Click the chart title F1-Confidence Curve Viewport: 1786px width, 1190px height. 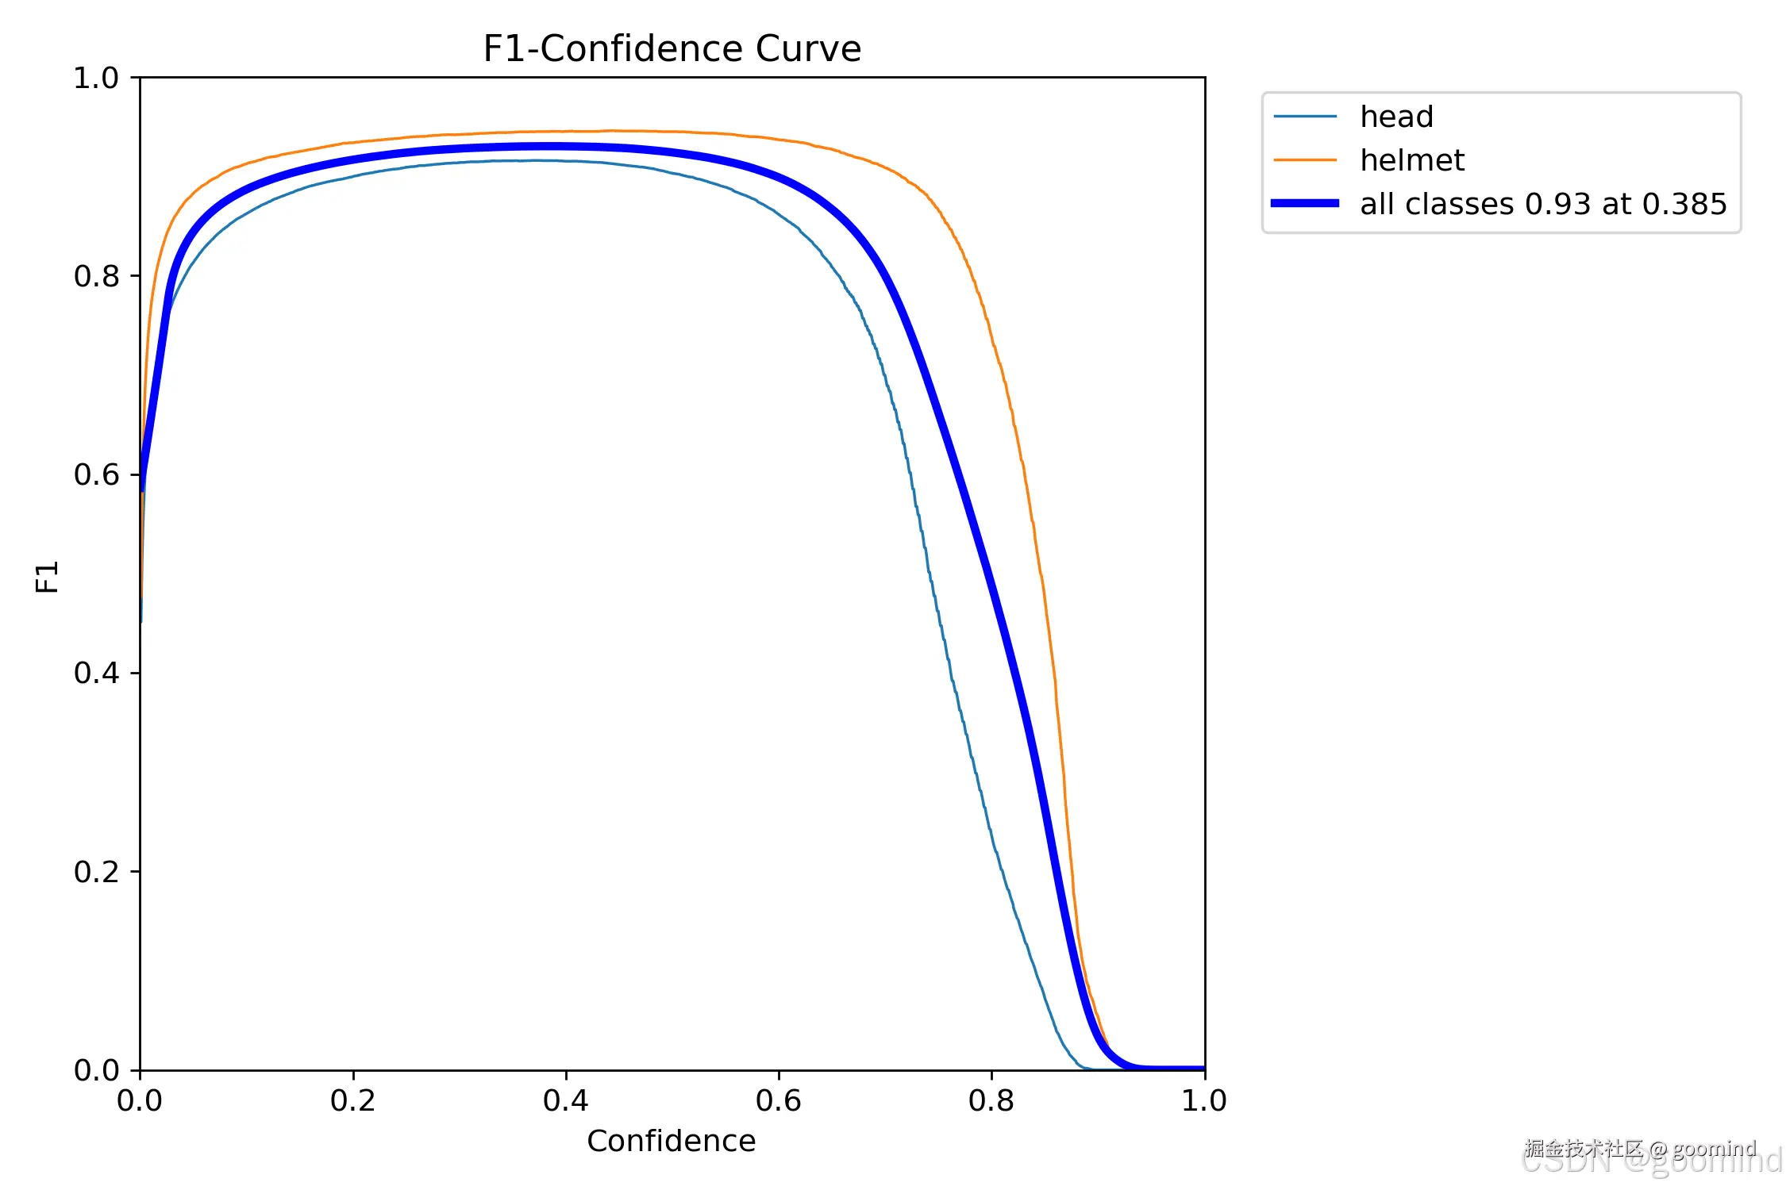click(x=672, y=49)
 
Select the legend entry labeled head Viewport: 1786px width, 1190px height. click(x=1396, y=117)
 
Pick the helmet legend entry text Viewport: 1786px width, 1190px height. click(x=1411, y=161)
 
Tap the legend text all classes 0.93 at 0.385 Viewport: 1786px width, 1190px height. click(x=1542, y=205)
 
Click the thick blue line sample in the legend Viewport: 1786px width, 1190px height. click(x=1304, y=204)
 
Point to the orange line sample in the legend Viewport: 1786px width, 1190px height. click(x=1304, y=160)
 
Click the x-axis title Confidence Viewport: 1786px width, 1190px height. click(x=671, y=1141)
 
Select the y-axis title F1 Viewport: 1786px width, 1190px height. click(x=48, y=577)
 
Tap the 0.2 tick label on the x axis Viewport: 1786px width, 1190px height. click(x=352, y=1100)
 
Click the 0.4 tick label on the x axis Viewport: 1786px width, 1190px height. click(x=565, y=1100)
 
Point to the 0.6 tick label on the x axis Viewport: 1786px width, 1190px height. click(x=778, y=1100)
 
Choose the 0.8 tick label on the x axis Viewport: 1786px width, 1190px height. click(x=991, y=1100)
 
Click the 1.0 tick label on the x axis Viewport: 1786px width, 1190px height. click(x=1203, y=1100)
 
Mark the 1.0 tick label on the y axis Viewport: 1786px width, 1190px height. click(x=95, y=79)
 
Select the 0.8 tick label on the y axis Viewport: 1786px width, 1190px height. click(x=95, y=277)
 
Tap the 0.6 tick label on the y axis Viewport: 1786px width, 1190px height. click(x=95, y=475)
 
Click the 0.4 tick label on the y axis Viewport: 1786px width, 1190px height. click(x=95, y=674)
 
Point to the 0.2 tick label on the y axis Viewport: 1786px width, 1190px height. click(x=95, y=872)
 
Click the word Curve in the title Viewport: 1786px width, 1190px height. click(x=807, y=49)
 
